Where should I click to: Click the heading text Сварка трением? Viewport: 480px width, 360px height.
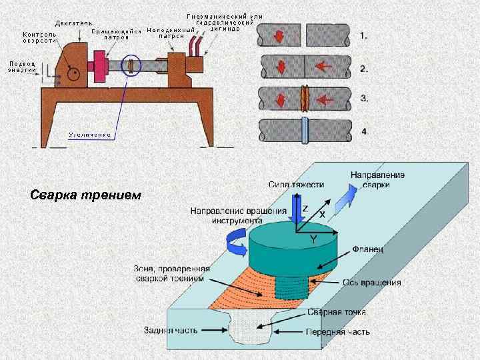86,195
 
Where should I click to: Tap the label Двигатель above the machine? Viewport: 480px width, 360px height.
73,23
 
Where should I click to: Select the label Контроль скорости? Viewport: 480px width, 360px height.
39,37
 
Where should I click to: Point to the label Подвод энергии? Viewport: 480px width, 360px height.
22,67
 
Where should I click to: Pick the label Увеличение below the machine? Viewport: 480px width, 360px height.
89,134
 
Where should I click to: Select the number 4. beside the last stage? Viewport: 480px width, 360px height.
364,131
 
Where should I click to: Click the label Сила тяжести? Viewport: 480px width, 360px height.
297,184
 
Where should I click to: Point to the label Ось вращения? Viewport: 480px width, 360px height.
372,282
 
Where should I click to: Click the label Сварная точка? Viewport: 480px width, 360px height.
337,312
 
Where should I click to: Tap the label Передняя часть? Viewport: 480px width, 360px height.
337,331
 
